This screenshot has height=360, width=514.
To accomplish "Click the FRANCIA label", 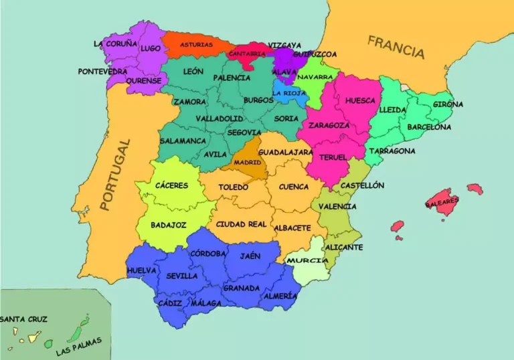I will point(396,48).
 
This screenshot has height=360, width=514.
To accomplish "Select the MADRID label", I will point(248,163).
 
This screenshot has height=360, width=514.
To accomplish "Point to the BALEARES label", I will point(442,200).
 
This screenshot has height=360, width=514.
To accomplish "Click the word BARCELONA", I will point(429,126).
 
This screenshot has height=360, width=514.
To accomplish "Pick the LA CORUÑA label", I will point(115,43).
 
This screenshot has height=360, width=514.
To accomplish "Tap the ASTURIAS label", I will point(196,45).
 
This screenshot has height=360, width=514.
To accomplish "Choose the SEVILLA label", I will point(181,275).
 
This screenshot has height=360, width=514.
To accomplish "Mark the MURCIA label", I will point(307,260).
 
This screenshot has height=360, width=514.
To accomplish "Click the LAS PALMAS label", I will point(79,346).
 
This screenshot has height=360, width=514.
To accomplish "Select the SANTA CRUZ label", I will point(23,319).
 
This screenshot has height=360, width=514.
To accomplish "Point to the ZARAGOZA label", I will point(329,125).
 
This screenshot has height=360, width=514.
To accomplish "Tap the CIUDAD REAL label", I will point(241,224).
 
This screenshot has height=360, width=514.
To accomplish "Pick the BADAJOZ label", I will point(168,225).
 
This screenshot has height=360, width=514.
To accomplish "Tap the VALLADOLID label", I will point(219,118).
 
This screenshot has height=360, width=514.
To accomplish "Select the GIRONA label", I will point(448,104).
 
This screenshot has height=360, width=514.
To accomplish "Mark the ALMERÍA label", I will point(280,296).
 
